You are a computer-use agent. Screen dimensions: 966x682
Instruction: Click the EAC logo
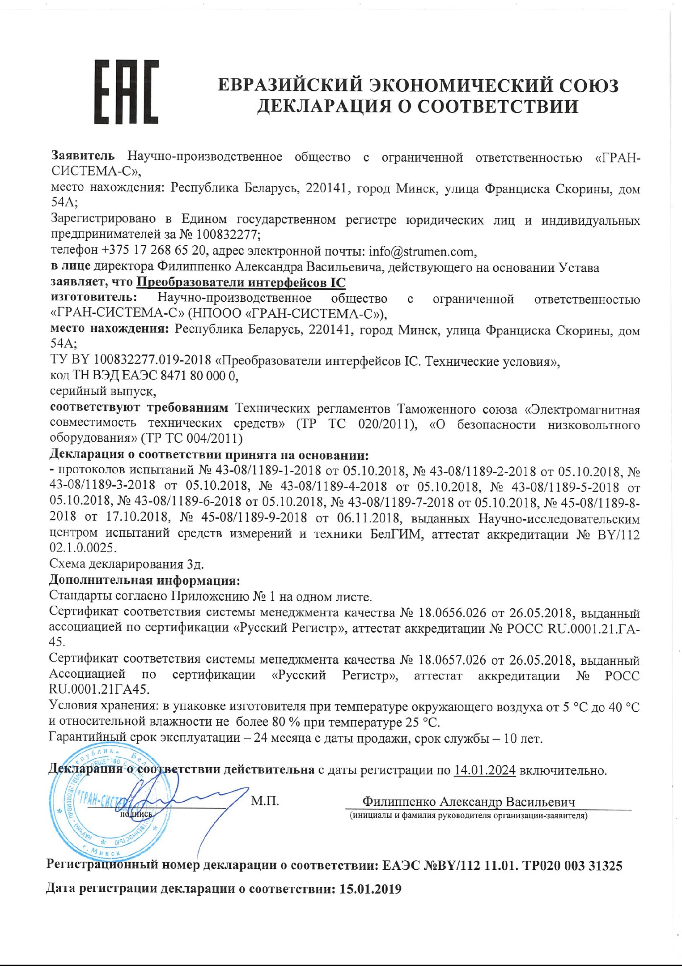[126, 92]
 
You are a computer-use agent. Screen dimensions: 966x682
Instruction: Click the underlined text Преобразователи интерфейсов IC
[241, 282]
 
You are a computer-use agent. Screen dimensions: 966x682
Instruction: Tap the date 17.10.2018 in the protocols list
[137, 518]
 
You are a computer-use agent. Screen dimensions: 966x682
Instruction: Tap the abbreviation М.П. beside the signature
[265, 801]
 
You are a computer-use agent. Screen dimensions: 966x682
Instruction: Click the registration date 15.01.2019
[370, 889]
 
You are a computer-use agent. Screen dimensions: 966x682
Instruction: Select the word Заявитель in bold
[83, 156]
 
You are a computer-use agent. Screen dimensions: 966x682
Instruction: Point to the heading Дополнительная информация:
[144, 581]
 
